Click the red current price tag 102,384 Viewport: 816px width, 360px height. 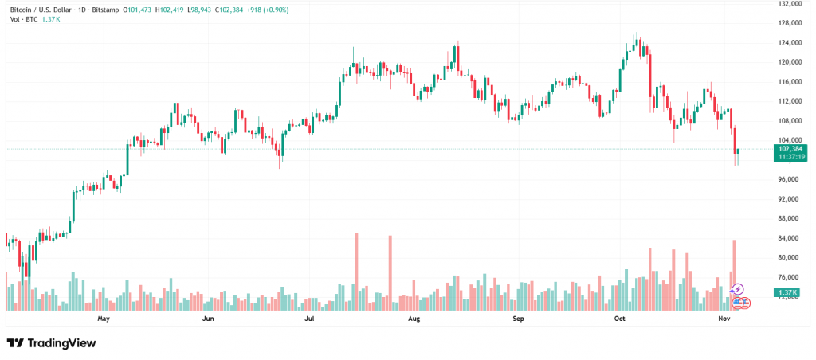point(792,149)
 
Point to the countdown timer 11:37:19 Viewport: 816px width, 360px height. point(792,157)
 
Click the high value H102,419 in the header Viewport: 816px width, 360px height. point(170,10)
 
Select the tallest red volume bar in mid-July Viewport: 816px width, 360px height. point(356,271)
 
